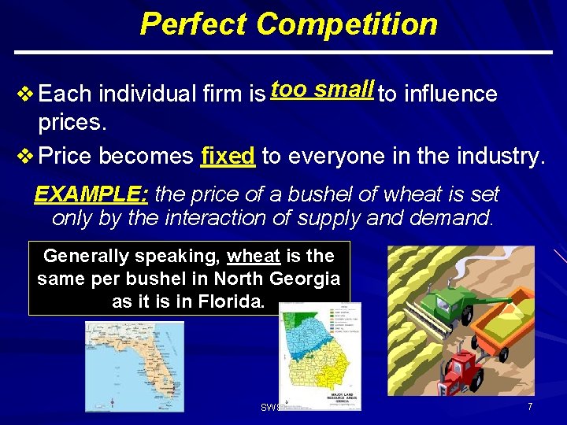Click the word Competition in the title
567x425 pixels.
tap(346, 24)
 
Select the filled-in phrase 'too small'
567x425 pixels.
tap(321, 90)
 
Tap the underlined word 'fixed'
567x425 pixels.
tap(228, 156)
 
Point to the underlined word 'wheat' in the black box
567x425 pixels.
tap(254, 256)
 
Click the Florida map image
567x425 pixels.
tap(134, 366)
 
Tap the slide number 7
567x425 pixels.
tap(530, 407)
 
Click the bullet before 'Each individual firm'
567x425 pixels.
tap(24, 94)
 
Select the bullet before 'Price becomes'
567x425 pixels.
tap(24, 156)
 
